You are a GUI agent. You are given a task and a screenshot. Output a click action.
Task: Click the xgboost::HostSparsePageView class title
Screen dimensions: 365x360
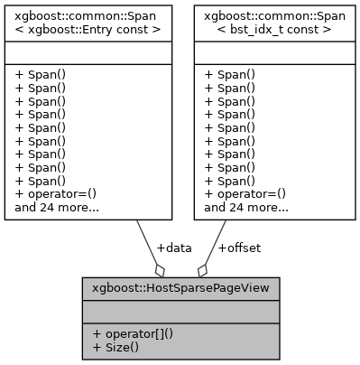pyautogui.click(x=180, y=290)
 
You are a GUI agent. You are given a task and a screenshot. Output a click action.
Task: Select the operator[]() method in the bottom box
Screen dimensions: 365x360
pyautogui.click(x=132, y=333)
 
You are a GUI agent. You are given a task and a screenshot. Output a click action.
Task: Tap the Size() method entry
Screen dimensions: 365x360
pyautogui.click(x=115, y=347)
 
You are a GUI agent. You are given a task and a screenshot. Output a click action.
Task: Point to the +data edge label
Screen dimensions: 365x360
pyautogui.click(x=174, y=247)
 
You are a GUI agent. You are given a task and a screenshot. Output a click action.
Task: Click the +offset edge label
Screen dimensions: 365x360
pyautogui.click(x=239, y=247)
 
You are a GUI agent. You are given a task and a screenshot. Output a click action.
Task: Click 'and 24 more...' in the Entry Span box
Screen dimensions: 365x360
pyautogui.click(x=57, y=207)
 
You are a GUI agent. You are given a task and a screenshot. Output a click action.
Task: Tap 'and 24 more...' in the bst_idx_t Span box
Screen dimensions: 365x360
pyautogui.click(x=246, y=207)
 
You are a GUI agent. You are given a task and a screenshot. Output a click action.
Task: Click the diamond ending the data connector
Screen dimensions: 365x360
pyautogui.click(x=160, y=269)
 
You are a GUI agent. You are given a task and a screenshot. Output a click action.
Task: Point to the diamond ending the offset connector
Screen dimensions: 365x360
pyautogui.click(x=202, y=269)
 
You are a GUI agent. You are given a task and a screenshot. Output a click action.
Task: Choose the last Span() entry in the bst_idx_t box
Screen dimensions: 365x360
pyautogui.click(x=229, y=180)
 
